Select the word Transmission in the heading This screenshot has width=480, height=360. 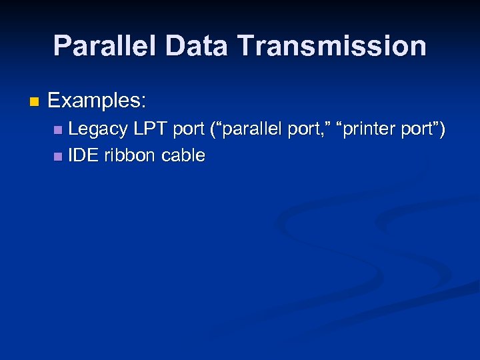pos(331,46)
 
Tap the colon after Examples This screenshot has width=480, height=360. pos(143,103)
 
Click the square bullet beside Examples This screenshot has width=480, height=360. pos(35,103)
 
